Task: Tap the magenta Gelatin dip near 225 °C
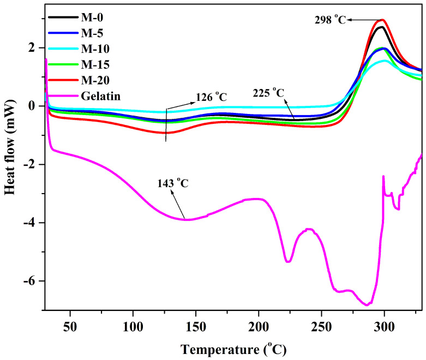288,262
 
